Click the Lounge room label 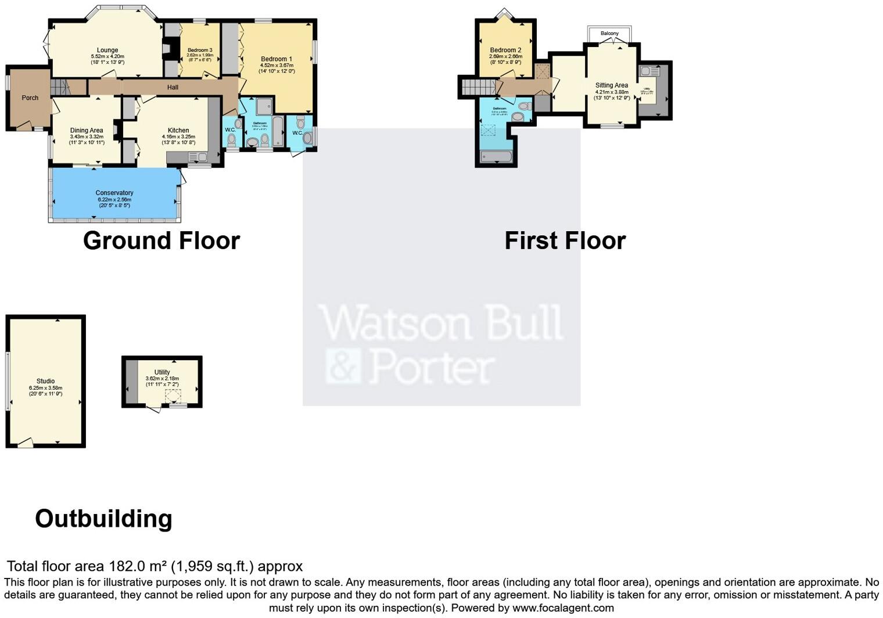[x=107, y=51]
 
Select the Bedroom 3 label [x=200, y=51]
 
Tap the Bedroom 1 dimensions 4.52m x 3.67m [x=277, y=65]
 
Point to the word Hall [x=173, y=88]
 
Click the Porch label [x=30, y=98]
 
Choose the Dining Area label [x=87, y=131]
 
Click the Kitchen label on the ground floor [x=178, y=131]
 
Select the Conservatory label [x=114, y=193]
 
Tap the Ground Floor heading [x=161, y=240]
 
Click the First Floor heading [x=565, y=240]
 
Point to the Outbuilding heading [x=103, y=519]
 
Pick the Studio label [x=45, y=382]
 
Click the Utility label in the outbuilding [x=162, y=372]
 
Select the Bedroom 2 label [x=505, y=51]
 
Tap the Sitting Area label [x=611, y=85]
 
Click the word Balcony [x=609, y=34]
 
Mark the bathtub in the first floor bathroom [x=496, y=156]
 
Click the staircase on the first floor [x=478, y=87]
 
